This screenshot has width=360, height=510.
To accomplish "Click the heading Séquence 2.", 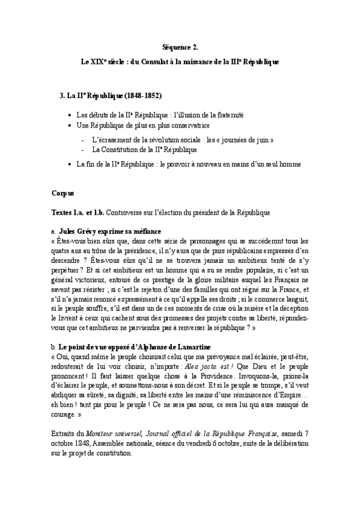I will pyautogui.click(x=180, y=46).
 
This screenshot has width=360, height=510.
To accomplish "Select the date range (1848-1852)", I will pyautogui.click(x=140, y=96).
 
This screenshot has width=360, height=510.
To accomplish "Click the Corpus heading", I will pyautogui.click(x=63, y=194).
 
